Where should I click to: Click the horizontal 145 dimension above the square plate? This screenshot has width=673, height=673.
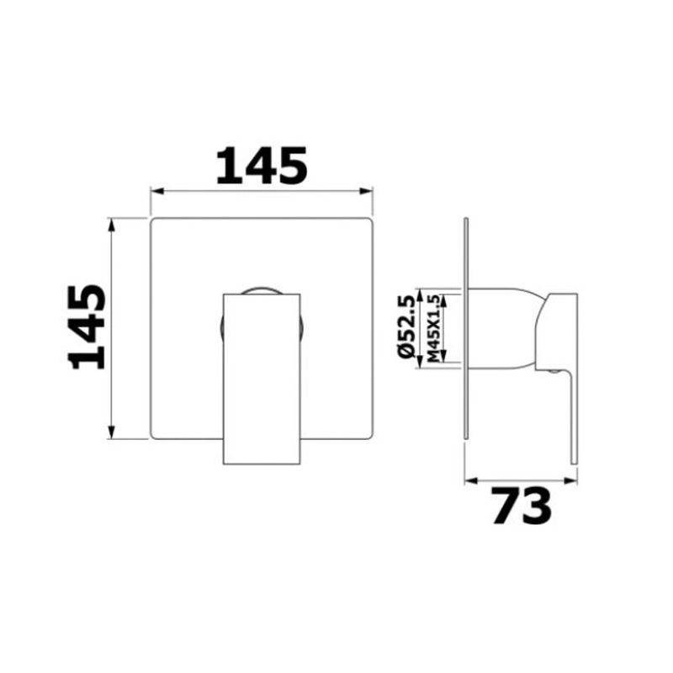[x=262, y=166]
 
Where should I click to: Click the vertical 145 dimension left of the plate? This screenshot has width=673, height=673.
[x=87, y=326]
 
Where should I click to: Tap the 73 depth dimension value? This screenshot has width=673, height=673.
[x=521, y=506]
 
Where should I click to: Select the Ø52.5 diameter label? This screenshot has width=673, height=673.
[x=406, y=326]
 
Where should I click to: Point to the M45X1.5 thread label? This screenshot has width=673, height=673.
[x=434, y=328]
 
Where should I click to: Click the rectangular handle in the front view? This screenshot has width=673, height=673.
[x=262, y=379]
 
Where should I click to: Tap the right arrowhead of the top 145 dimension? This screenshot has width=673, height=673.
[x=366, y=191]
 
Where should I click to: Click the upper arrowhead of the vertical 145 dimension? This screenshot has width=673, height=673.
[x=112, y=225]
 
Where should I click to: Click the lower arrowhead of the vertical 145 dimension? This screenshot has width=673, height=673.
[x=112, y=432]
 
